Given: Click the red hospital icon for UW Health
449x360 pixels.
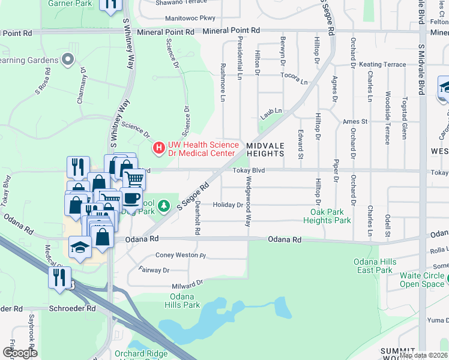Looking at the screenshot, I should pos(159,147).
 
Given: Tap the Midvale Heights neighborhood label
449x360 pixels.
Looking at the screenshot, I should pos(265,149).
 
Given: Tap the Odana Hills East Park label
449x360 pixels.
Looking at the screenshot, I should pos(375,266).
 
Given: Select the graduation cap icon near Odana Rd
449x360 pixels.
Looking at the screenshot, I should pos(80,248).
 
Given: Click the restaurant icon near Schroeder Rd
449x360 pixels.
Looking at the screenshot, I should pos(59,278).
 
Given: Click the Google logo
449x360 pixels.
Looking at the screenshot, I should pos(20,353).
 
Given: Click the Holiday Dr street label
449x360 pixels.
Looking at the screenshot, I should pos(228,205).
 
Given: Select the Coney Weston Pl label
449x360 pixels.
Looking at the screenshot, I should pos(181,255).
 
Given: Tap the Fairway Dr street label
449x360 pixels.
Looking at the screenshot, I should pos(154,270).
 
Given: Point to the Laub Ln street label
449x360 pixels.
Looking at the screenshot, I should pos(271,112).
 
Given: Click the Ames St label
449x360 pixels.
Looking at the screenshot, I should pos(355,121).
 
